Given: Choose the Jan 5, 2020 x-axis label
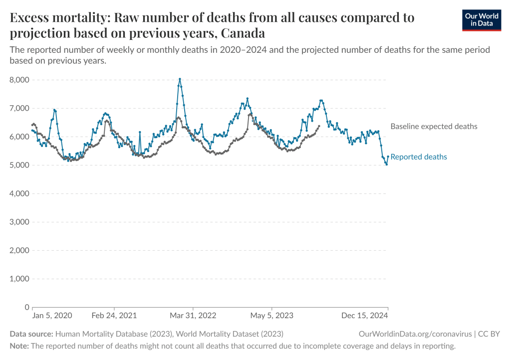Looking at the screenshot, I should pos(52,316).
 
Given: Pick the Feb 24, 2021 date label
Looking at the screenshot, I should pos(114,316).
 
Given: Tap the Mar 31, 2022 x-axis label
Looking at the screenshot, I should pos(193,316).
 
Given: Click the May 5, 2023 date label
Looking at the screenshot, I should pos(272,316).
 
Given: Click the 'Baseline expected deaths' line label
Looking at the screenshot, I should pos(434,127).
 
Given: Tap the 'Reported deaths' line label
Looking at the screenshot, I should pos(419,157).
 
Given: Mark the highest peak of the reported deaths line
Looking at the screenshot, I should pos(180,79).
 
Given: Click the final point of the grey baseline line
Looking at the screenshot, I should pos(319,126).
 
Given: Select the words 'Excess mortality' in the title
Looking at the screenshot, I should pos(59,18).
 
